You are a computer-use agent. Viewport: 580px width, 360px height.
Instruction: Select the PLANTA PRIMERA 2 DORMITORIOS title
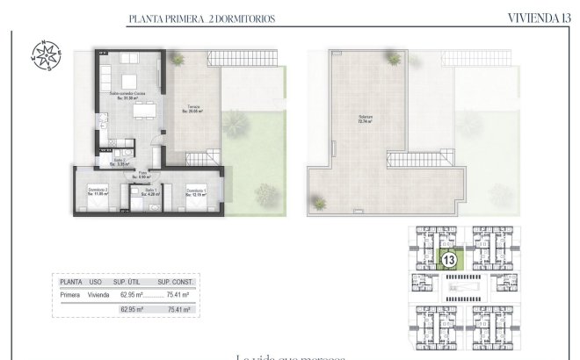(x=201, y=18)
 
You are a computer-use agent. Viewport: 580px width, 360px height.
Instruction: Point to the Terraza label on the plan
(x=192, y=109)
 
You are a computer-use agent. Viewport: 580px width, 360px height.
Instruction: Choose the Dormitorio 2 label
(x=97, y=192)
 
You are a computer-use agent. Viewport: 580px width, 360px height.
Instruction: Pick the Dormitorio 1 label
(x=196, y=192)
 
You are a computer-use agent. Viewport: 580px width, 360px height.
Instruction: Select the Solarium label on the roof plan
(x=359, y=119)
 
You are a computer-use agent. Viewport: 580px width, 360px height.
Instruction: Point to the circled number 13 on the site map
(x=449, y=260)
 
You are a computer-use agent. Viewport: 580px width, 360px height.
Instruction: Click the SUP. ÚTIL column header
(x=129, y=282)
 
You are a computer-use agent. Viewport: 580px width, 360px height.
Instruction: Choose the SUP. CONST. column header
(x=175, y=282)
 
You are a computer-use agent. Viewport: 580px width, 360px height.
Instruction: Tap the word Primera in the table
(x=70, y=296)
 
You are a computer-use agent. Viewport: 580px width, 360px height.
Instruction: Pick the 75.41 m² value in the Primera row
(x=178, y=296)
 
